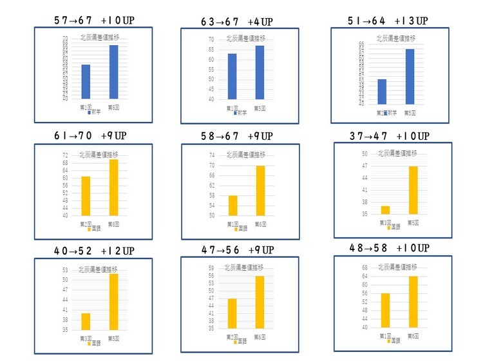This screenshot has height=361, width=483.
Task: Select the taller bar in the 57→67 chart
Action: point(113,72)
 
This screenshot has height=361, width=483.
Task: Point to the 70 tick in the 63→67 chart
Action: point(211,39)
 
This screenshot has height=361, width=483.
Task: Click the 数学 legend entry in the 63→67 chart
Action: point(240,113)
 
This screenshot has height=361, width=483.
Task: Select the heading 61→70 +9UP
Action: point(90,136)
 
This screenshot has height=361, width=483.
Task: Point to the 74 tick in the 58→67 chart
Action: point(212,155)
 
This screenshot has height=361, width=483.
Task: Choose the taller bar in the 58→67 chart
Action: point(261,190)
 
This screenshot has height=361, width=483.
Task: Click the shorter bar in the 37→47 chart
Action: point(385,210)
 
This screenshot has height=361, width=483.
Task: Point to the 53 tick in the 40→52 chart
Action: point(64,270)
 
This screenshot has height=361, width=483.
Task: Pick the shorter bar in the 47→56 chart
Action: point(232,313)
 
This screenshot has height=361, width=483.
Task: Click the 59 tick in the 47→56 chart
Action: point(211,268)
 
